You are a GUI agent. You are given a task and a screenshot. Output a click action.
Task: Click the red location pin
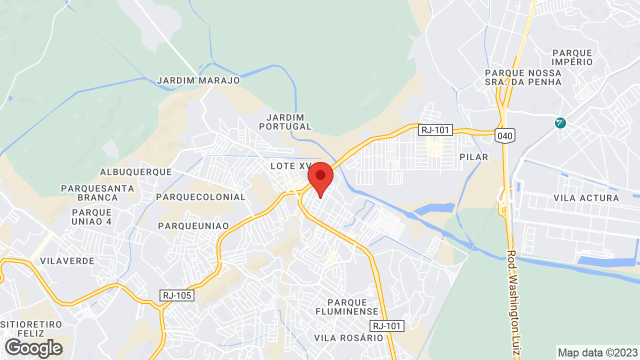pos(320,178)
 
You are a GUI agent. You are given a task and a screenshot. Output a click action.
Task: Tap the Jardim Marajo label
pos(198,80)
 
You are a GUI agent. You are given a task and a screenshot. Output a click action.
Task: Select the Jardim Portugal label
pos(285,121)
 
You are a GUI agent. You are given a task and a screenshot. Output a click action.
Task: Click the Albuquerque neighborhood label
pos(136,172)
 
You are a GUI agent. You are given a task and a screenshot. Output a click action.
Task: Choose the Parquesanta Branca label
pos(97,192)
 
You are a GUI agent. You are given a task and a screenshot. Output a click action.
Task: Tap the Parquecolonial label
pos(201,197)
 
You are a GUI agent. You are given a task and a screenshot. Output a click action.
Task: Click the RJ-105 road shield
pos(177,295)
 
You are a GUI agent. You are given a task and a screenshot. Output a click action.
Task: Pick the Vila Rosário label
pos(348,338)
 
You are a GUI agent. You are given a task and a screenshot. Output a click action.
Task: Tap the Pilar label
pos(473,157)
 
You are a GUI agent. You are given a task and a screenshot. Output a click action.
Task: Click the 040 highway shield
pos(504,135)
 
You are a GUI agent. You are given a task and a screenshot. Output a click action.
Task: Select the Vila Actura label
pos(586,198)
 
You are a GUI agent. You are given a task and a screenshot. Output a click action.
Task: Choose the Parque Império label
pos(572,57)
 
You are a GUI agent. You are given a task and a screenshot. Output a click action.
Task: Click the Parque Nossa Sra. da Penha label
pos(523,77)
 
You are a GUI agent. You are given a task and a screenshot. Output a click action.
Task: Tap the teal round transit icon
pos(560,122)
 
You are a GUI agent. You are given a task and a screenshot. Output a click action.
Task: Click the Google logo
pos(33,348)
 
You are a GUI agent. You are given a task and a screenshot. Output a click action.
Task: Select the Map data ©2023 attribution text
pos(598,352)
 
